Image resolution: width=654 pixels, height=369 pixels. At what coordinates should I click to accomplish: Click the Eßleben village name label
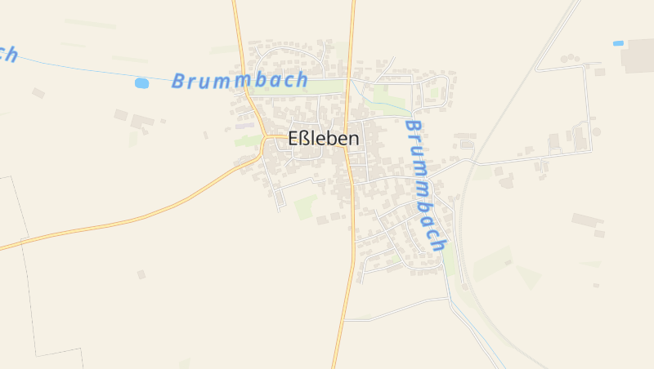[x=324, y=140]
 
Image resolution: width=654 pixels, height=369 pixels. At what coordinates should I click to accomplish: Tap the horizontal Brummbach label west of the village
[x=240, y=81]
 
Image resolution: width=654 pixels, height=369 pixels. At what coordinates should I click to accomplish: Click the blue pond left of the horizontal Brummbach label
[x=142, y=83]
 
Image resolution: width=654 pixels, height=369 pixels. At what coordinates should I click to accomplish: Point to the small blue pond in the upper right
[x=618, y=42]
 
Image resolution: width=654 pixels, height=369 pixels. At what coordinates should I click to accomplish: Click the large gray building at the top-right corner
[x=638, y=55]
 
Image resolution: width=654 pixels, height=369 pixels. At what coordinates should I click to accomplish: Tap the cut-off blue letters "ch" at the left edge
[x=8, y=54]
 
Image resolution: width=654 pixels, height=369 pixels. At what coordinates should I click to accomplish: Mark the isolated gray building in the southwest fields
[x=141, y=274]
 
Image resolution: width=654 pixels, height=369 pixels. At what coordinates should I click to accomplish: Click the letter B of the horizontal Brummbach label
[x=179, y=82]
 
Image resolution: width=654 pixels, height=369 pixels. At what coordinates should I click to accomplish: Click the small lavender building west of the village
[x=244, y=126]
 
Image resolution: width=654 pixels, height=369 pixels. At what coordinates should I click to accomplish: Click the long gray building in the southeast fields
[x=587, y=220]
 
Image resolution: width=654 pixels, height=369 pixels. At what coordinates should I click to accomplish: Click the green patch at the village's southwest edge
[x=306, y=207]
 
